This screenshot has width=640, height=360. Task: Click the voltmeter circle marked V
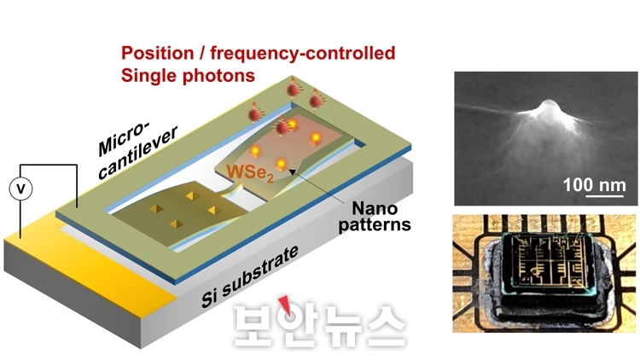pyautogui.click(x=20, y=189)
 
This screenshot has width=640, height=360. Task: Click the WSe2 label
pyautogui.click(x=250, y=172)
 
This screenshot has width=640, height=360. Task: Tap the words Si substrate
pyautogui.click(x=249, y=276)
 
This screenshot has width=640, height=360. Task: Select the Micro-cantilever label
pyautogui.click(x=137, y=150)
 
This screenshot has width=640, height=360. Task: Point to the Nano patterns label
pyautogui.click(x=375, y=217)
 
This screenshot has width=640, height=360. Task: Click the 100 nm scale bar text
pyautogui.click(x=594, y=185)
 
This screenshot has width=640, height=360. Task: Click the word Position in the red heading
pyautogui.click(x=158, y=53)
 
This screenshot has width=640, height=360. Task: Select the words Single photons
pyautogui.click(x=188, y=76)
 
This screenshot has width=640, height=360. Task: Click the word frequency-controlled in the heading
pyautogui.click(x=302, y=53)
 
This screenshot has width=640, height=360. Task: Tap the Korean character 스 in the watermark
pyautogui.click(x=385, y=325)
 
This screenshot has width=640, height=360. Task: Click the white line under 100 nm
pyautogui.click(x=605, y=196)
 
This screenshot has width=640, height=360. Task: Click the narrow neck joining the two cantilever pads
pyautogui.click(x=232, y=192)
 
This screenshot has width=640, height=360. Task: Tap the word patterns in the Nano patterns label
pyautogui.click(x=375, y=225)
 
